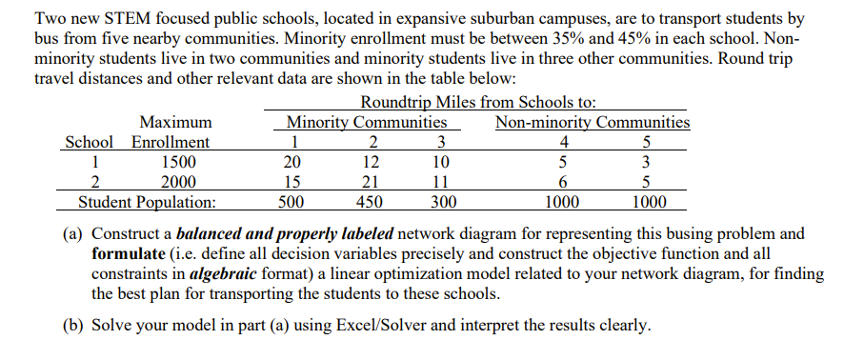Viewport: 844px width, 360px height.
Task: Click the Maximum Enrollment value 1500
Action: point(174,162)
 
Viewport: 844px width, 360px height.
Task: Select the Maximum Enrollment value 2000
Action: point(174,182)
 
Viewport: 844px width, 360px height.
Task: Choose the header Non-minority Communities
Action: point(593,122)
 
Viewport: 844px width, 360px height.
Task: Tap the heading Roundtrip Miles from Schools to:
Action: point(480,103)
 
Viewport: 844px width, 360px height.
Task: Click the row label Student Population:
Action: point(146,202)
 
